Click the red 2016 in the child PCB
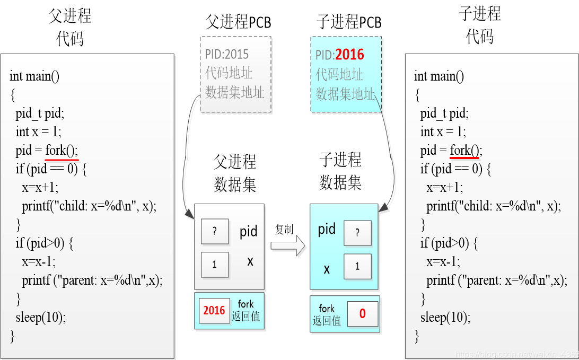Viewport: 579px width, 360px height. pyautogui.click(x=350, y=55)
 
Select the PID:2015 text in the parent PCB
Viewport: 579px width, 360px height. pyautogui.click(x=226, y=54)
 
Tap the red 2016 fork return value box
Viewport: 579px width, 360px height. pyautogui.click(x=214, y=311)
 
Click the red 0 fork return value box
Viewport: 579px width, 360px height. pyautogui.click(x=363, y=313)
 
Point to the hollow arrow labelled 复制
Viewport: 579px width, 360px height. pyautogui.click(x=287, y=244)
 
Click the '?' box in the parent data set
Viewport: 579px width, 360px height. pyautogui.click(x=215, y=232)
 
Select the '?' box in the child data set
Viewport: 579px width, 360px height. pyautogui.click(x=357, y=233)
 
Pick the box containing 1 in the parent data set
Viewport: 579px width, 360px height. pyautogui.click(x=215, y=265)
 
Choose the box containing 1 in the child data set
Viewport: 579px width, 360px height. pyautogui.click(x=357, y=267)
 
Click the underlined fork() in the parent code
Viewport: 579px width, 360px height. pyautogui.click(x=62, y=151)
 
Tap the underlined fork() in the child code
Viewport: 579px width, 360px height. pyautogui.click(x=466, y=151)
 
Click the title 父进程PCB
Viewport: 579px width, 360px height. pyautogui.click(x=238, y=22)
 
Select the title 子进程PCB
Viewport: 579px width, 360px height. pyautogui.click(x=348, y=22)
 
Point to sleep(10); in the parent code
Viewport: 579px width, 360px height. pyautogui.click(x=41, y=318)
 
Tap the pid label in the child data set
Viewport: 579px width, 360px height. pyautogui.click(x=327, y=229)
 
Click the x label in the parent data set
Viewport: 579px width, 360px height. pyautogui.click(x=250, y=261)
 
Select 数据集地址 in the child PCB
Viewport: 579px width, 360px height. pyautogui.click(x=345, y=94)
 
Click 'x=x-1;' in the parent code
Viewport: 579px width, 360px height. pyautogui.click(x=39, y=261)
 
